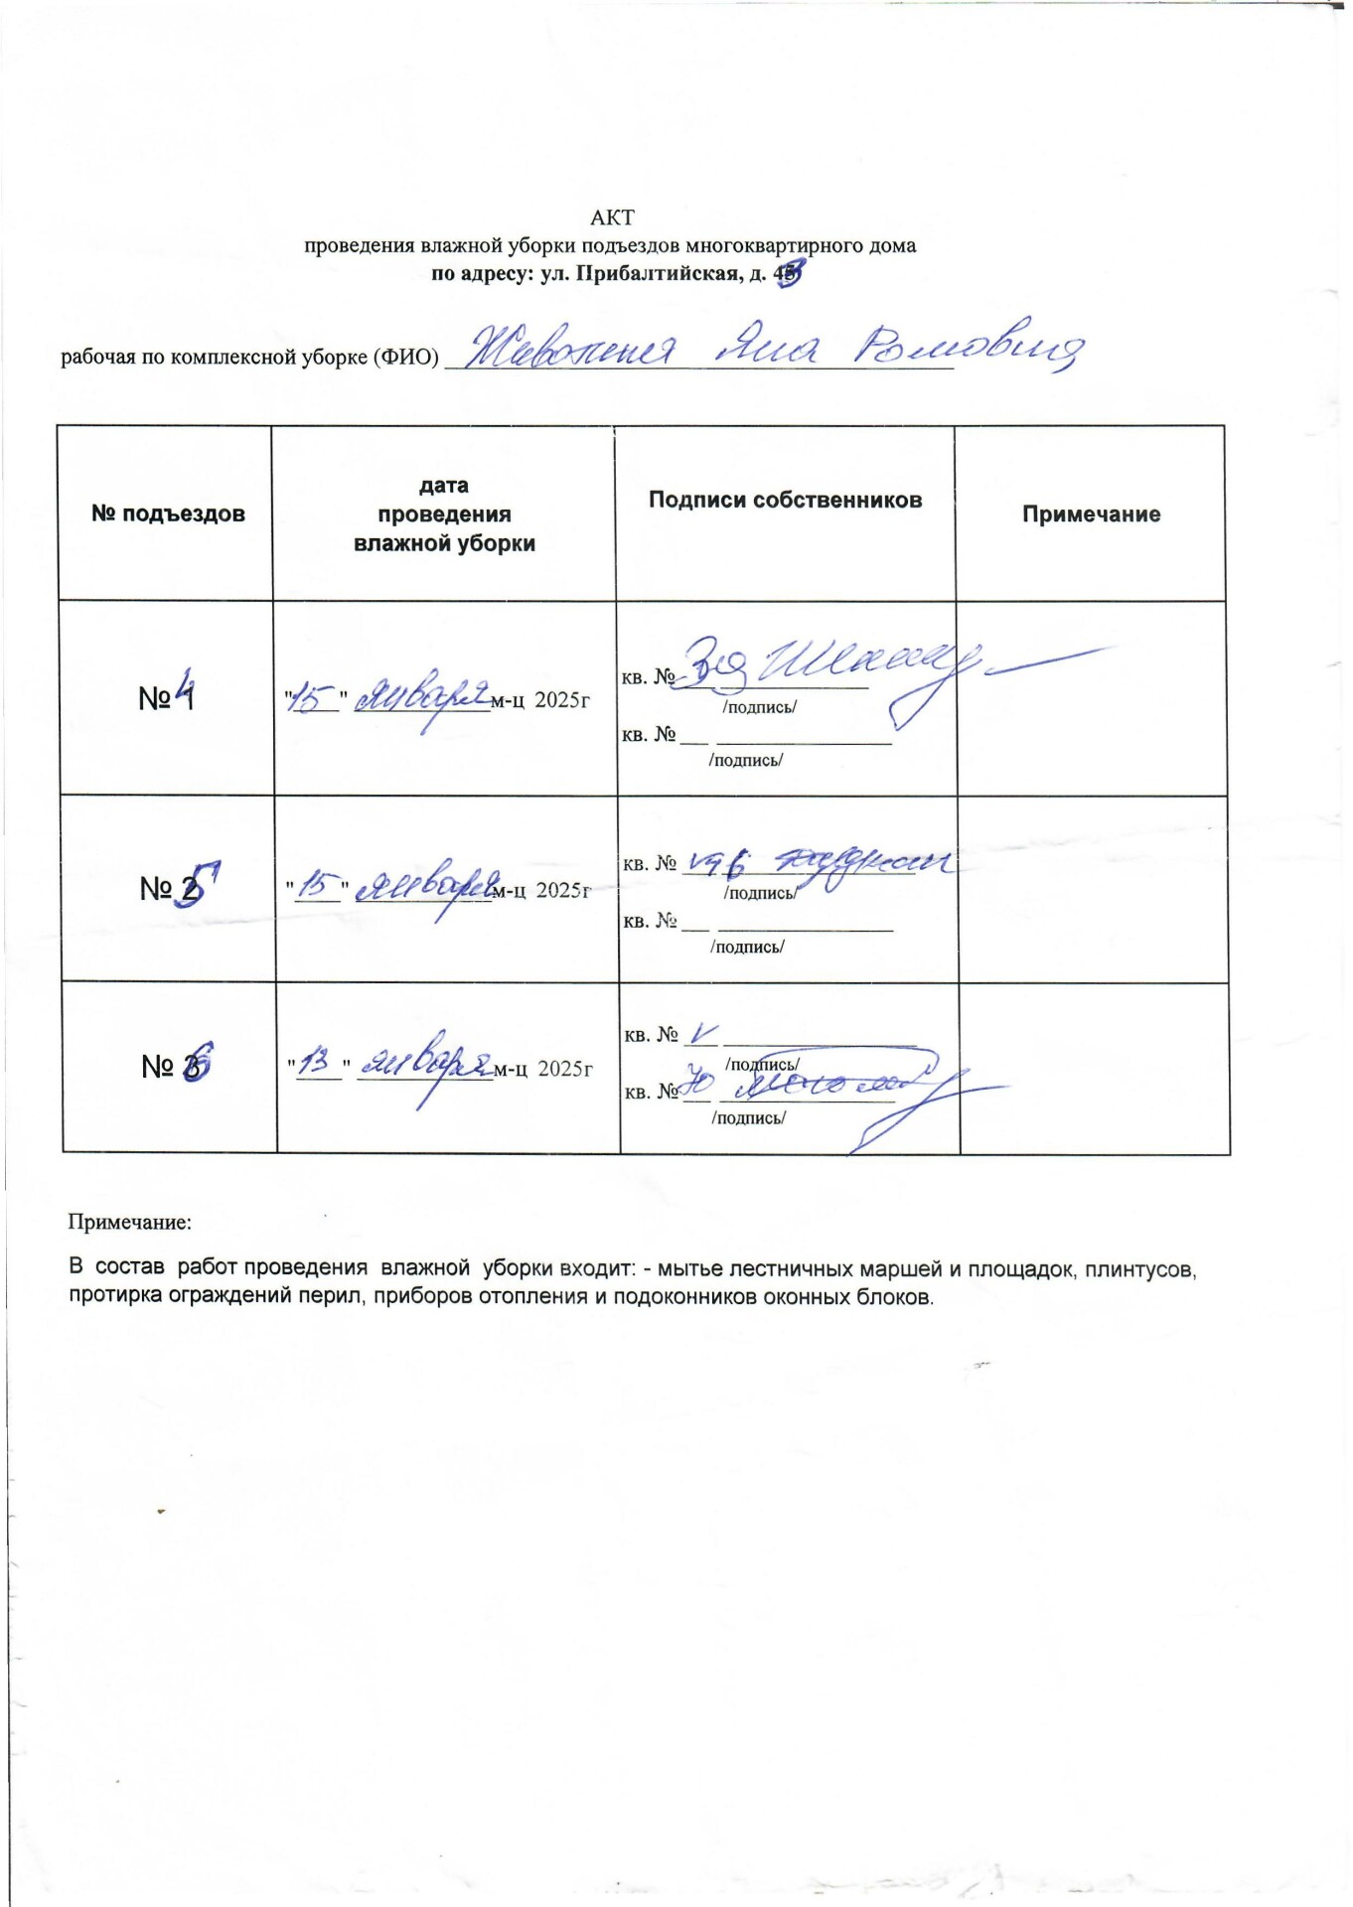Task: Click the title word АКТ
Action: tap(612, 218)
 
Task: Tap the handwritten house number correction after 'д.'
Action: tap(789, 273)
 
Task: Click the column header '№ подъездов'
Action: tap(168, 513)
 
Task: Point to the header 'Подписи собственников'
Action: tap(785, 500)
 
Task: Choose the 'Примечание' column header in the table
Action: tap(1091, 514)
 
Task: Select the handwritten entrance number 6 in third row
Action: tap(197, 1062)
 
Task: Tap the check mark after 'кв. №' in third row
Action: tap(702, 1034)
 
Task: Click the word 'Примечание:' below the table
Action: tap(129, 1223)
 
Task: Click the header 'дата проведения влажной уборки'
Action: tap(444, 514)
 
